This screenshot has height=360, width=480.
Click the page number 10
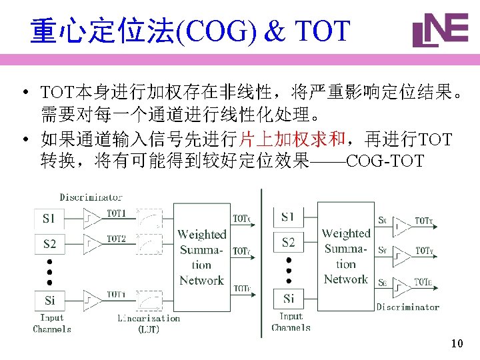point(457,344)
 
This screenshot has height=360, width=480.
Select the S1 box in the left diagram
point(49,219)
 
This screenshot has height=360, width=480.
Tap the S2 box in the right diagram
point(288,242)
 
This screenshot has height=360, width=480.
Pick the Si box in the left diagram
point(49,301)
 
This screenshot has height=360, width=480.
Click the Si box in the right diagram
point(288,298)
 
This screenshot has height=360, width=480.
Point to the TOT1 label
point(117,213)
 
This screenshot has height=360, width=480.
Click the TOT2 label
point(117,238)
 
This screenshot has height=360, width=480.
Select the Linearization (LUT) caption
point(148,323)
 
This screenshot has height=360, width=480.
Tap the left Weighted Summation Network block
point(201,257)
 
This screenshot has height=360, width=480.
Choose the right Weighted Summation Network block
point(345,256)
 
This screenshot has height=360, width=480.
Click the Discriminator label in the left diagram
point(91,197)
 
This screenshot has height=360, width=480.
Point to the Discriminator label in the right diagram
point(407,307)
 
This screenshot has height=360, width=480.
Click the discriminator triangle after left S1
point(91,219)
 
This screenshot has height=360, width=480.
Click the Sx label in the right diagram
point(382,220)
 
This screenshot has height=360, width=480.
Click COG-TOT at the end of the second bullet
point(385,161)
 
